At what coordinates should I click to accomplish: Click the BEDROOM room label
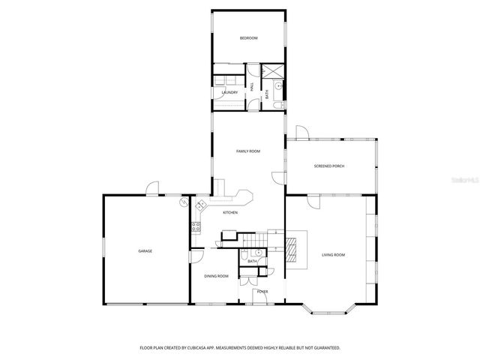click(248, 38)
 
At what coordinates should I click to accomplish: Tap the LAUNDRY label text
click(229, 92)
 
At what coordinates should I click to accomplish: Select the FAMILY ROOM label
click(247, 151)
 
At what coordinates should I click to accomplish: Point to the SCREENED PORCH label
click(329, 166)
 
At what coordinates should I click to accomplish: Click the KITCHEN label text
click(230, 213)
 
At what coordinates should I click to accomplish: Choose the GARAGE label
click(145, 250)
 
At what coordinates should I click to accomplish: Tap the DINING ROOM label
click(217, 276)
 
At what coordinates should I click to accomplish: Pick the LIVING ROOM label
click(333, 255)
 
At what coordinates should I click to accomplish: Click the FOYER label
click(262, 291)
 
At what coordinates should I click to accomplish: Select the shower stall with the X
click(275, 71)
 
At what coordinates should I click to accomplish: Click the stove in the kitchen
click(197, 226)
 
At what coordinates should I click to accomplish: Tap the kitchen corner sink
click(200, 205)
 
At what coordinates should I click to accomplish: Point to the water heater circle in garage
click(184, 202)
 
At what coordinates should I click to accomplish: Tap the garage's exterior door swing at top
click(153, 188)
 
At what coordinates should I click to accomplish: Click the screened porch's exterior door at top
click(301, 133)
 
